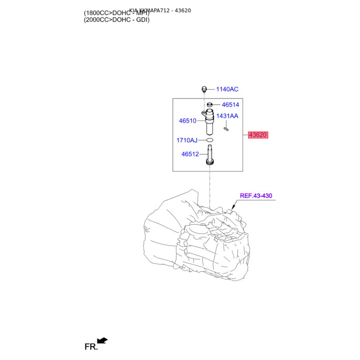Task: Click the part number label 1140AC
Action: point(227,89)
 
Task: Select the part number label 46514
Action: point(230,105)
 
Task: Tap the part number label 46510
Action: point(188,121)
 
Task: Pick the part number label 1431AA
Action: point(227,116)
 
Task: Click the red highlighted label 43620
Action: point(258,135)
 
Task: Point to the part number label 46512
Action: point(190,154)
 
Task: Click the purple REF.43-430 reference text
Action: point(256,196)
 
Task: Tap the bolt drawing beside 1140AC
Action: point(203,89)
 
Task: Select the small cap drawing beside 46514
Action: point(210,105)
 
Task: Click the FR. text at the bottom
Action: point(91,346)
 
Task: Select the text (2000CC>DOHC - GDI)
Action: point(117,19)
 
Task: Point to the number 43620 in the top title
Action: point(182,10)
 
